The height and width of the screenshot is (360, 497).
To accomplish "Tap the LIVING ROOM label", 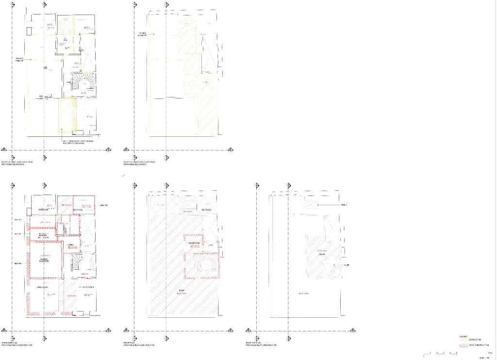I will click(x=43, y=287).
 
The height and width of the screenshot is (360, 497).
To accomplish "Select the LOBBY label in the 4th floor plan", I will click(x=71, y=244).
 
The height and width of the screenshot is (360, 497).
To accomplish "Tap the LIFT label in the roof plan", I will click(x=210, y=245).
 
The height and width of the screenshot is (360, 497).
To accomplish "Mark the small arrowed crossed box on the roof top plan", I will click(x=311, y=206).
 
